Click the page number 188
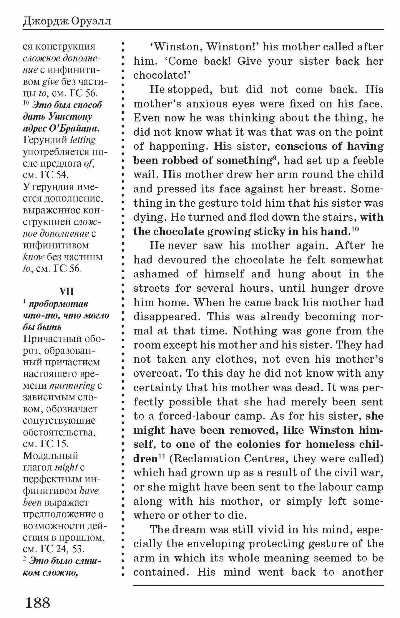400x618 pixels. pyautogui.click(x=37, y=602)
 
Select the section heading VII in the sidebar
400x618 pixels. pyautogui.click(x=66, y=291)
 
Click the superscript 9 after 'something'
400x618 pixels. pyautogui.click(x=273, y=158)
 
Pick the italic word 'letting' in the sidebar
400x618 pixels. pyautogui.click(x=83, y=140)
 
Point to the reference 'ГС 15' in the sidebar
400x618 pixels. pyautogui.click(x=54, y=444)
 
